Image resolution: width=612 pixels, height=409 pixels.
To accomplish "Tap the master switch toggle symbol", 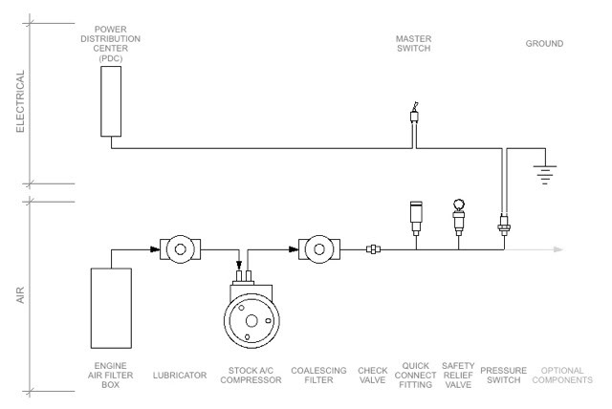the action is (x=414, y=115).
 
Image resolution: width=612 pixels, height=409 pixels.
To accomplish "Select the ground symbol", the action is (x=545, y=174).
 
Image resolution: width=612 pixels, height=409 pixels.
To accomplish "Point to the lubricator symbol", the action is (x=181, y=249).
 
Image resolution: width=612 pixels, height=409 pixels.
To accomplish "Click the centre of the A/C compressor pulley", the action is (x=251, y=321).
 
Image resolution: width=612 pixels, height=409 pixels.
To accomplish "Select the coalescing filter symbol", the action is (x=319, y=249).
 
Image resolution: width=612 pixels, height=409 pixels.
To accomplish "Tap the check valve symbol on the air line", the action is (x=374, y=249).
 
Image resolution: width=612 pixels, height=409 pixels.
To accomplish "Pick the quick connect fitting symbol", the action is (x=416, y=218).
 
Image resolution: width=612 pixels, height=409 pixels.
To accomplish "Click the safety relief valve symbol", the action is (x=459, y=217).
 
